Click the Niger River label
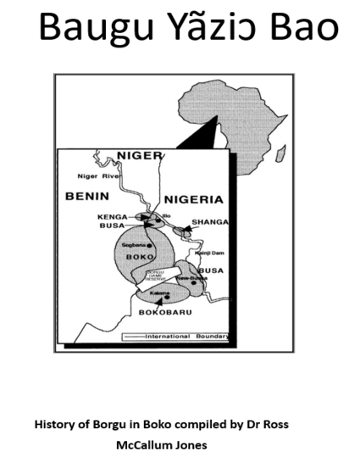coord(97,176)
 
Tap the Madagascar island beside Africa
coord(280,153)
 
